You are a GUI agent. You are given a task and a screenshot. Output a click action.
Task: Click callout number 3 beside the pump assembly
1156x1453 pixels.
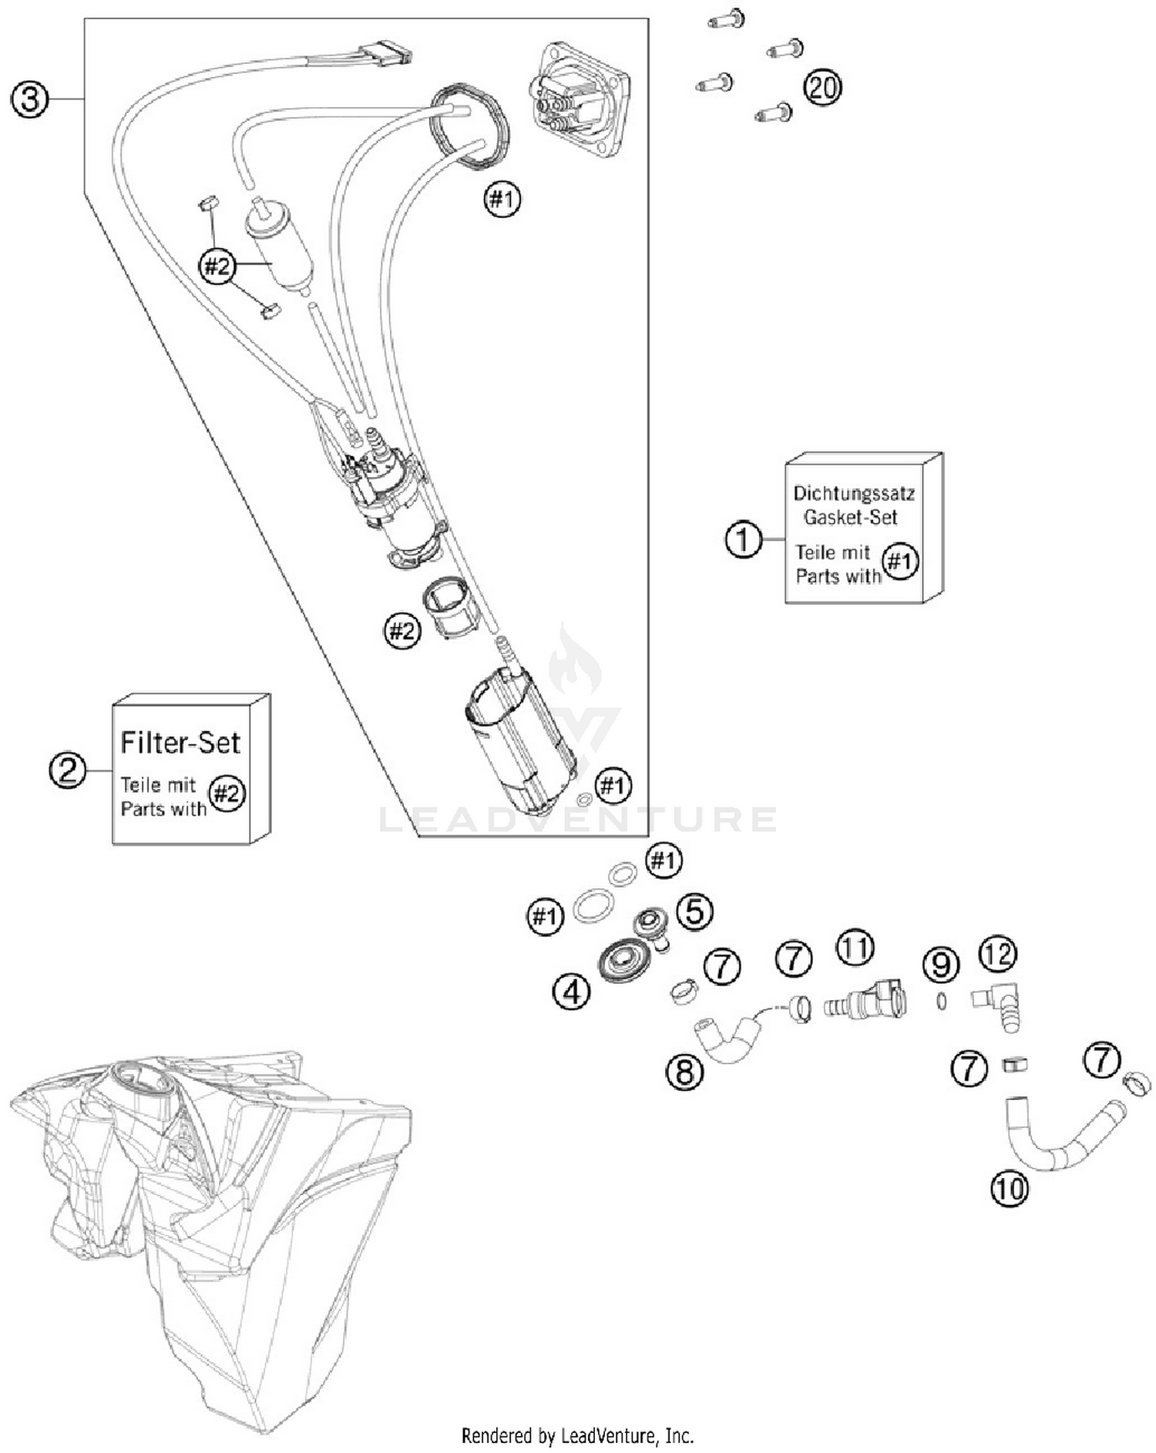29,100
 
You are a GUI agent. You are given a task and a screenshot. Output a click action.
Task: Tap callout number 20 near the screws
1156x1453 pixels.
822,87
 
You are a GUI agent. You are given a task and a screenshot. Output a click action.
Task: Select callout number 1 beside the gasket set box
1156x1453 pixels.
743,539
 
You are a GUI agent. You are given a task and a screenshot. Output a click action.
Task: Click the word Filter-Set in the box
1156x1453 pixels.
180,743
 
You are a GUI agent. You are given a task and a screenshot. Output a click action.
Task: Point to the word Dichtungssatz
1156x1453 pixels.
854,493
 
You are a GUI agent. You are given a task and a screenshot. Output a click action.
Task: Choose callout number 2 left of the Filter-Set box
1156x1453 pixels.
68,770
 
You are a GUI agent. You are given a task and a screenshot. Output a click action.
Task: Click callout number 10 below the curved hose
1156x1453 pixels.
1009,1189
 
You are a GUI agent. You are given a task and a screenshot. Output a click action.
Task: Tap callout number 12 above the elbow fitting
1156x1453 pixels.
998,955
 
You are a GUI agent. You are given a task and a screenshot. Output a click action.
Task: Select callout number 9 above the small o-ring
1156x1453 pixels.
941,965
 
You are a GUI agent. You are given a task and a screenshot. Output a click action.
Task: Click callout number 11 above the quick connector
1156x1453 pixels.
855,948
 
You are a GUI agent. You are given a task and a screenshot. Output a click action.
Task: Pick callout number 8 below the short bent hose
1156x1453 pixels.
685,1072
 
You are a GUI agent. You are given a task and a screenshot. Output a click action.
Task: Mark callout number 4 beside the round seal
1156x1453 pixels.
572,992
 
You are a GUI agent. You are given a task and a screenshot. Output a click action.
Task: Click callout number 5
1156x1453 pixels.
694,911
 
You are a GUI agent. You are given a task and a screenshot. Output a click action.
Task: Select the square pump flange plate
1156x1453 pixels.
580,100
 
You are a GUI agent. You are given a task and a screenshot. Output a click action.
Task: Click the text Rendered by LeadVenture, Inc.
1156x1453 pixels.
577,1436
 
